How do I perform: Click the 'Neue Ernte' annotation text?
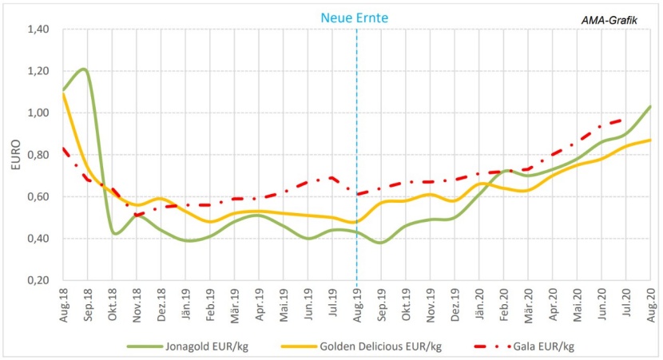click(357, 16)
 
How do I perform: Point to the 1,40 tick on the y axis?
click(38, 30)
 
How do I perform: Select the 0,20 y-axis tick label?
click(38, 280)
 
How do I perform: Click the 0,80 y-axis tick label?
click(38, 155)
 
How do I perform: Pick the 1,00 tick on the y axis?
click(38, 113)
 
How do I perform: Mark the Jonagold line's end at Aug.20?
click(651, 106)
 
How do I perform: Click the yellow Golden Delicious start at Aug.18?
click(63, 94)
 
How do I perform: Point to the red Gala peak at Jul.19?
click(332, 177)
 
